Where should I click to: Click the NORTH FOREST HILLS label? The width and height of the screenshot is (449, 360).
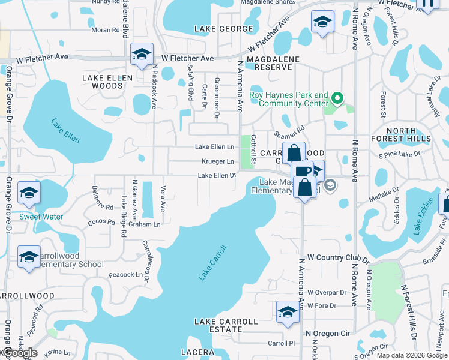point(409,134)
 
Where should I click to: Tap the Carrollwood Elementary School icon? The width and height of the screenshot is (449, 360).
point(29,257)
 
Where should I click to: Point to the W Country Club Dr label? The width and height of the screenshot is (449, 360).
point(338,257)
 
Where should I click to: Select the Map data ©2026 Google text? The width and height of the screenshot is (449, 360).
point(412,356)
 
